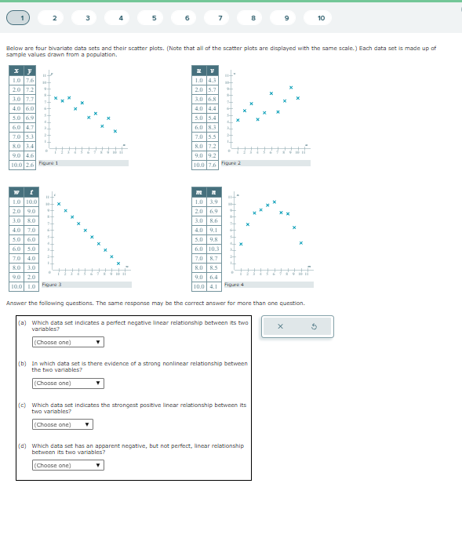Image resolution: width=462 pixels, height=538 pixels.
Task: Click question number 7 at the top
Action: click(220, 17)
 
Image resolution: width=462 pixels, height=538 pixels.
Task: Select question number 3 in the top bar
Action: click(87, 17)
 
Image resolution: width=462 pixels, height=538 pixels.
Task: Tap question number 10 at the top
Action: click(321, 17)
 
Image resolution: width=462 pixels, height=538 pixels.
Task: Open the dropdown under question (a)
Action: click(67, 342)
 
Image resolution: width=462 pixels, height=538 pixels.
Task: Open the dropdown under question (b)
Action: click(67, 383)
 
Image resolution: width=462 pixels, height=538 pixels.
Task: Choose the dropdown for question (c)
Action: click(62, 424)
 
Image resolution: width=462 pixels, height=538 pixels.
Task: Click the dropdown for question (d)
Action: click(67, 465)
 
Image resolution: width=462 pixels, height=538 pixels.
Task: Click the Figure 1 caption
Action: click(49, 163)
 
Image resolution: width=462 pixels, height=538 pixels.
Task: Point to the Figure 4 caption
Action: click(235, 285)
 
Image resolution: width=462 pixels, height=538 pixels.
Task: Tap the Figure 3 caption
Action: click(52, 285)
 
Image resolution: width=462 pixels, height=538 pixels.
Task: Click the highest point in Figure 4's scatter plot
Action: click(274, 202)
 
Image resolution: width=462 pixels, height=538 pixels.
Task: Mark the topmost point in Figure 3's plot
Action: click(58, 204)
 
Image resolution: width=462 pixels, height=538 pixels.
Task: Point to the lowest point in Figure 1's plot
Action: click(115, 131)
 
